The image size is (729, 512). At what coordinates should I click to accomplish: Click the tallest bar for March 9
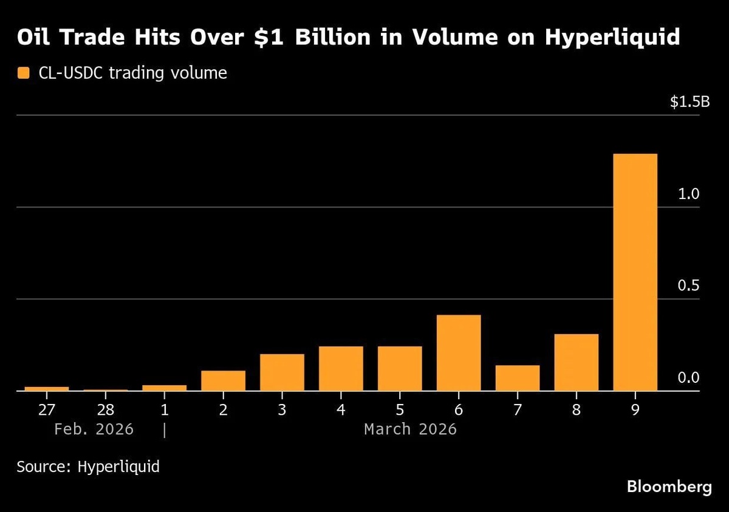pyautogui.click(x=635, y=272)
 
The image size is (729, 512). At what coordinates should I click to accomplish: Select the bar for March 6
pyautogui.click(x=458, y=352)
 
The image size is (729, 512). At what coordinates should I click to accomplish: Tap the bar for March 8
pyautogui.click(x=576, y=362)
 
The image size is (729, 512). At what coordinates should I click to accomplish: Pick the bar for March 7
pyautogui.click(x=517, y=378)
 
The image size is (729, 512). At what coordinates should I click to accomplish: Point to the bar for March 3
pyautogui.click(x=282, y=372)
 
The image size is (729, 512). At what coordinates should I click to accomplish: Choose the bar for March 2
pyautogui.click(x=223, y=380)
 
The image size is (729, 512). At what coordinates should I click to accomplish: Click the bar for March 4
pyautogui.click(x=341, y=368)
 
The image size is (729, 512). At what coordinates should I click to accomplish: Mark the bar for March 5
pyautogui.click(x=400, y=368)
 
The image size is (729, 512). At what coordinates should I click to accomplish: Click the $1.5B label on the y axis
pyautogui.click(x=690, y=102)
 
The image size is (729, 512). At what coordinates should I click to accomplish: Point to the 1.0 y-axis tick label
pyautogui.click(x=690, y=194)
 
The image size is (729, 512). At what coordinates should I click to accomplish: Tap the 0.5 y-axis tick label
pyautogui.click(x=690, y=286)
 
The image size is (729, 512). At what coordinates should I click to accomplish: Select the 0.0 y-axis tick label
pyautogui.click(x=690, y=378)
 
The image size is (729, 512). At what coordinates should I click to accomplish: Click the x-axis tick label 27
pyautogui.click(x=47, y=409)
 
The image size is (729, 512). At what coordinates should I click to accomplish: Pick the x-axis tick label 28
pyautogui.click(x=106, y=409)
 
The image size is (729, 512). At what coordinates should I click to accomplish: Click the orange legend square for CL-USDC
pyautogui.click(x=23, y=74)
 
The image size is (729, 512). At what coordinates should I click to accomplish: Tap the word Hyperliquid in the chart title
pyautogui.click(x=612, y=38)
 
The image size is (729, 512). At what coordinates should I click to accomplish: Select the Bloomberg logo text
pyautogui.click(x=669, y=487)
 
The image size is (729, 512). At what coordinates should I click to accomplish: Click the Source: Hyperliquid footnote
pyautogui.click(x=88, y=467)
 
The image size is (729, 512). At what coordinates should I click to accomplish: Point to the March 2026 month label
pyautogui.click(x=410, y=429)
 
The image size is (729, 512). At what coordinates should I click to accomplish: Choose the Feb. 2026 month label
pyautogui.click(x=94, y=429)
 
